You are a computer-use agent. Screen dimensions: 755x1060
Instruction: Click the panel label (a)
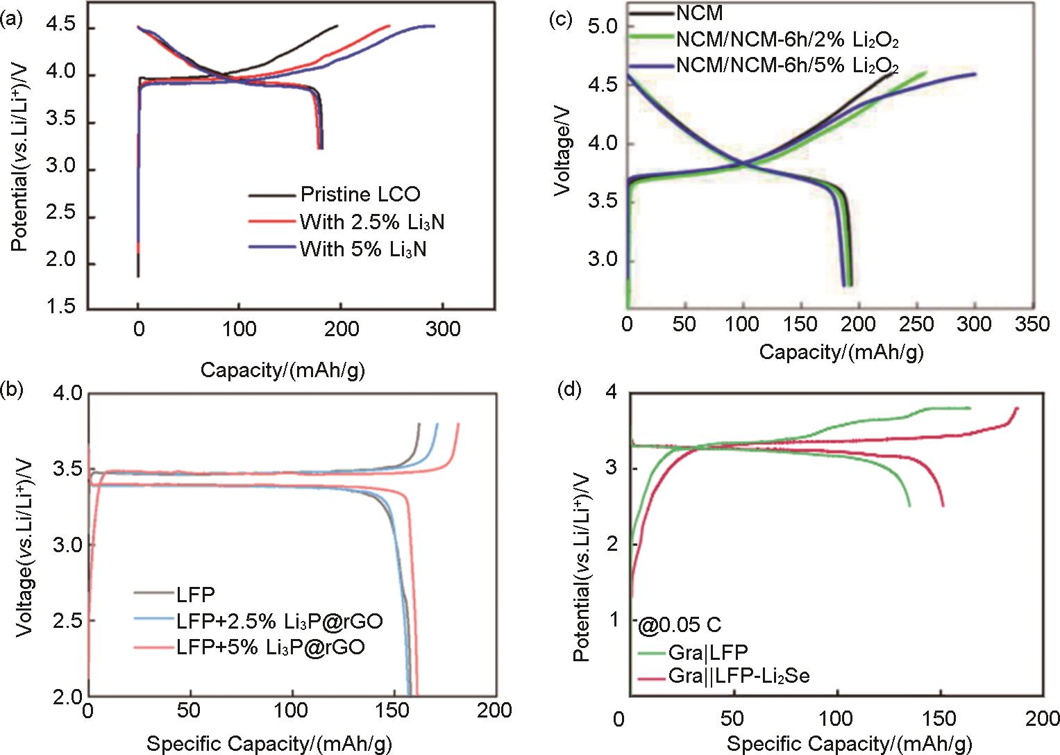pos(12,20)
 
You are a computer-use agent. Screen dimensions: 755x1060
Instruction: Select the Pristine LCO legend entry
pos(360,194)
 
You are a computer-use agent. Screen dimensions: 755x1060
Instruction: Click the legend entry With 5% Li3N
pos(362,249)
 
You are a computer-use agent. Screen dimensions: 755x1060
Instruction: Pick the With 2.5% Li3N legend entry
pos(371,222)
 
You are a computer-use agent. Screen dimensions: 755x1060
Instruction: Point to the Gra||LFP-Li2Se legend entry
pos(739,676)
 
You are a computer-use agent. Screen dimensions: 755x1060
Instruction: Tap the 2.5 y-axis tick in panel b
pos(66,620)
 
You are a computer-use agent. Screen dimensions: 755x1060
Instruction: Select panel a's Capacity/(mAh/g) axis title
pos(283,370)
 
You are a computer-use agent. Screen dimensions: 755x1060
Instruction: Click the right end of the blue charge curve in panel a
pos(434,26)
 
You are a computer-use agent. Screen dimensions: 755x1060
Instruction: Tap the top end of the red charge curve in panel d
pos(1017,408)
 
